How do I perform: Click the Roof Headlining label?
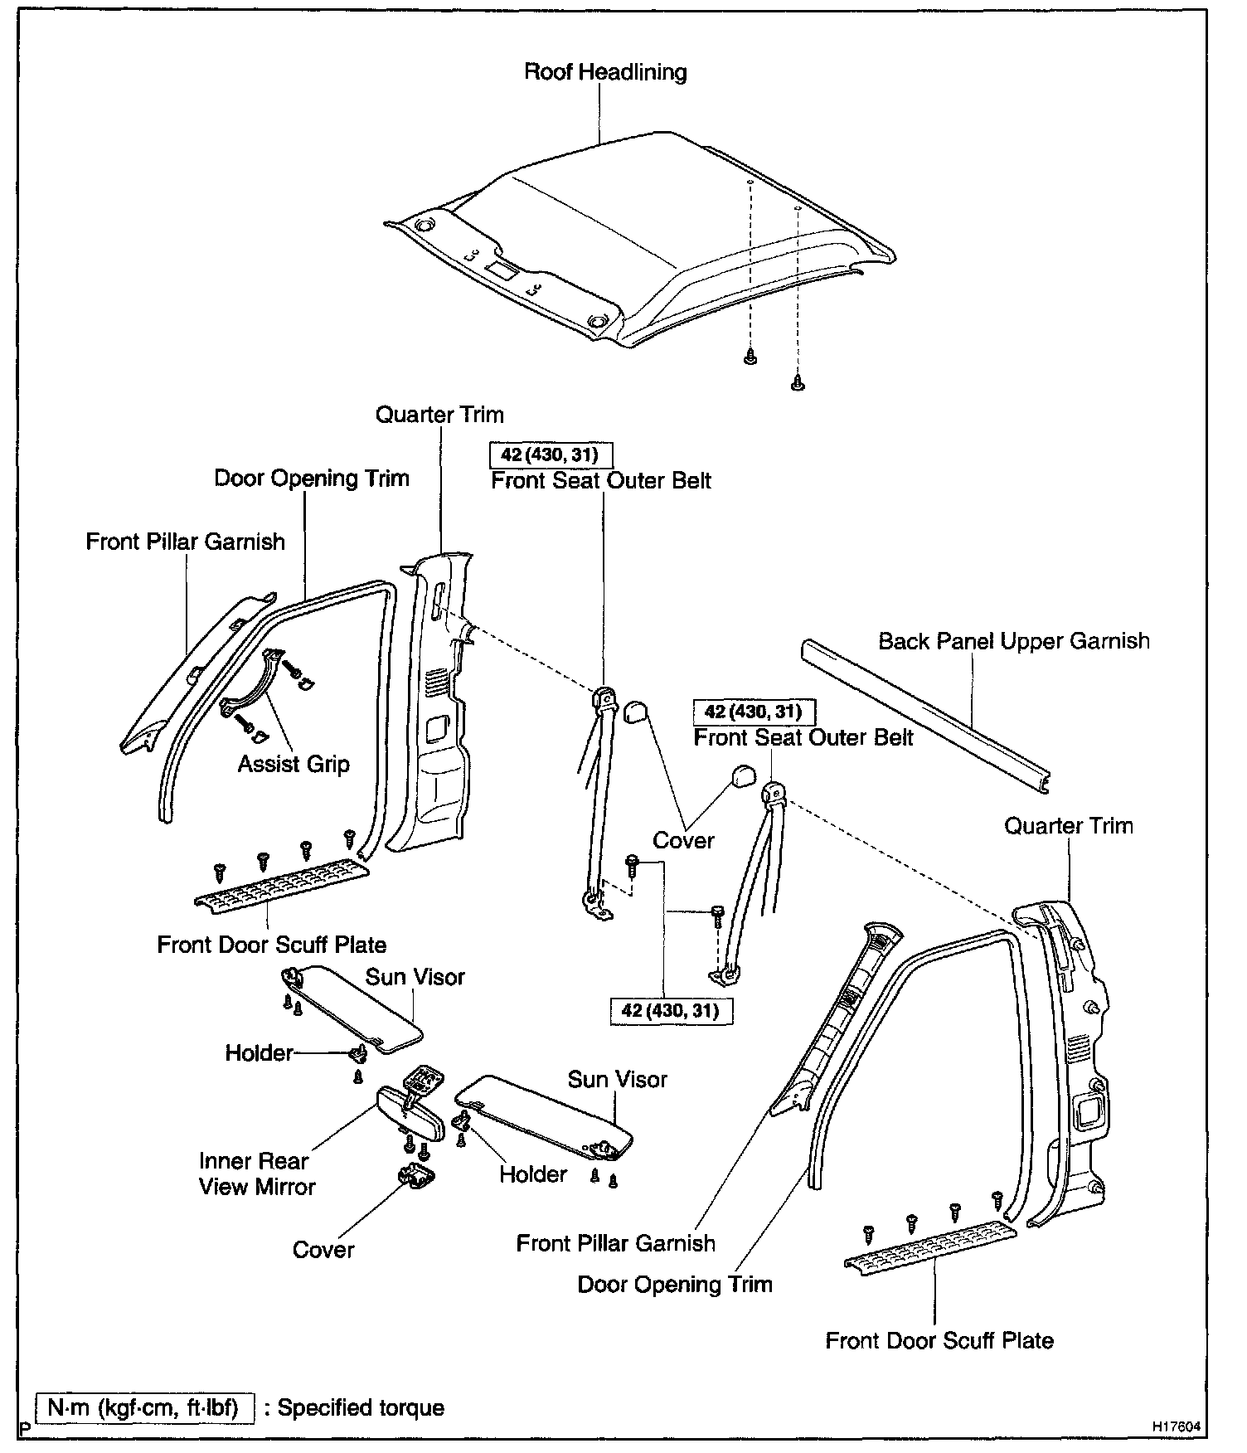coord(605,72)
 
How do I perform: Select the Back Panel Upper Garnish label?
coord(1013,641)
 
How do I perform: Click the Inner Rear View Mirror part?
coord(401,1108)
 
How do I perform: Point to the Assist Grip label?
coord(294,764)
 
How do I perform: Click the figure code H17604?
coord(1176,1426)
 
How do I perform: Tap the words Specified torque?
coord(361,1407)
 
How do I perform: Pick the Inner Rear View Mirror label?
coord(256,1174)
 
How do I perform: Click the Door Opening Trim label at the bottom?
coord(675,1285)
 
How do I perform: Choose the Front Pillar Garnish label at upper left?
coord(186,542)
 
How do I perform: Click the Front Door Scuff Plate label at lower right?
coord(939,1341)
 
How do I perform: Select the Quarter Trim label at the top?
coord(439,415)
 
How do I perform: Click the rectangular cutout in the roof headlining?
coord(502,269)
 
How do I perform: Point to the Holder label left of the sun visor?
coord(259,1053)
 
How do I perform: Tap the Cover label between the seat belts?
coord(683,840)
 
